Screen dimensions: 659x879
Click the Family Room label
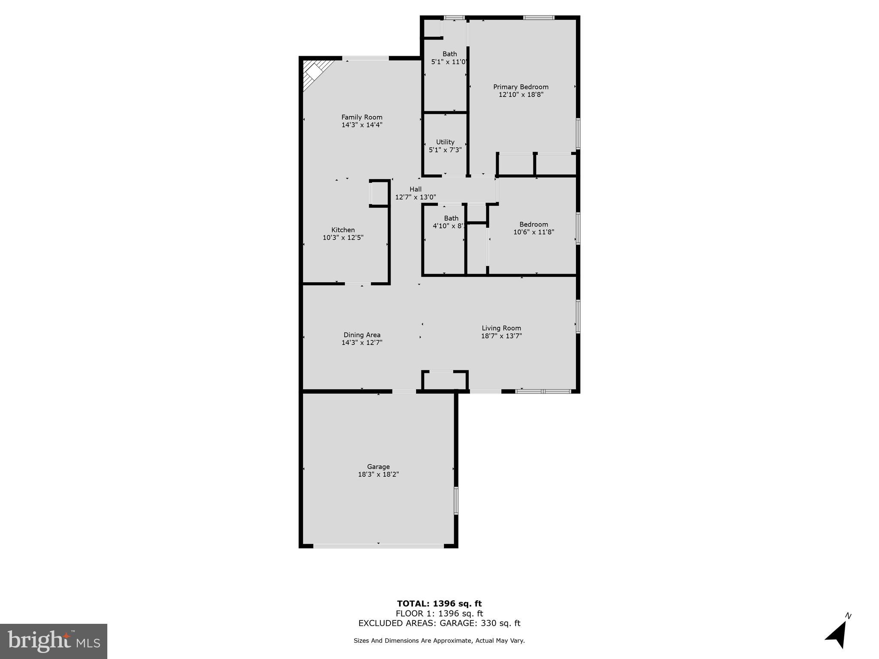pyautogui.click(x=361, y=117)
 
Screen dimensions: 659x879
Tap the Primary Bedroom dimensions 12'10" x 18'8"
pyautogui.click(x=521, y=95)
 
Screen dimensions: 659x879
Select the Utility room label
pyautogui.click(x=445, y=142)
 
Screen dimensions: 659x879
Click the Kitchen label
pyautogui.click(x=343, y=230)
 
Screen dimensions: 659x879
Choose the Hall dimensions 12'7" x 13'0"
pyautogui.click(x=415, y=197)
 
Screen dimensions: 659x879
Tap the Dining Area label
pyautogui.click(x=361, y=335)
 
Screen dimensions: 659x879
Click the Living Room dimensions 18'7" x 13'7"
pyautogui.click(x=501, y=336)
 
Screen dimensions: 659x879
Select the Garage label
pyautogui.click(x=378, y=467)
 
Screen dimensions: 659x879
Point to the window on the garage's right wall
pyautogui.click(x=456, y=500)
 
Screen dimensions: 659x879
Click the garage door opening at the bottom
pyautogui.click(x=378, y=546)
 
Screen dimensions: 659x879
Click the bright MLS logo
pyautogui.click(x=54, y=641)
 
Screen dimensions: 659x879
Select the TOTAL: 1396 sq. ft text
pyautogui.click(x=439, y=604)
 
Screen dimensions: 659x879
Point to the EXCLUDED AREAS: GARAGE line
pyautogui.click(x=439, y=623)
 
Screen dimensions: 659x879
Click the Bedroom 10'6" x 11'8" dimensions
pyautogui.click(x=533, y=232)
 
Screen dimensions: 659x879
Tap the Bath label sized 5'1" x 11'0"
pyautogui.click(x=449, y=54)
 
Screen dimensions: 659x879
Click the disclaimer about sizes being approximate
pyautogui.click(x=439, y=641)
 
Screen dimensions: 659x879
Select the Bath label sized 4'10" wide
pyautogui.click(x=451, y=218)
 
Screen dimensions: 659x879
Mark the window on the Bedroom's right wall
pyautogui.click(x=578, y=228)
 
